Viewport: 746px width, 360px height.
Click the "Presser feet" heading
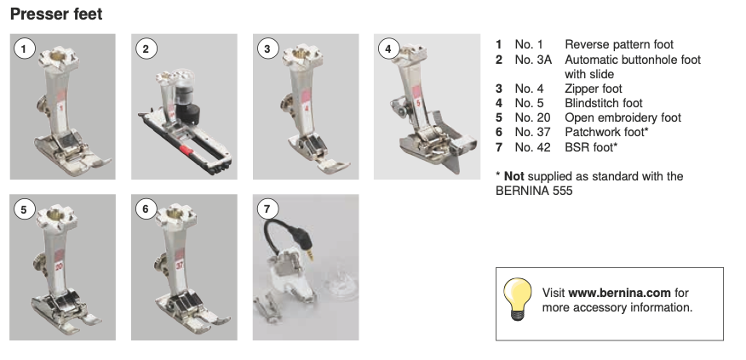pos(56,14)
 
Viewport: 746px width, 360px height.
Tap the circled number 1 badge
pos(24,49)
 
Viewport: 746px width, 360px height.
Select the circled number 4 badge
pos(388,49)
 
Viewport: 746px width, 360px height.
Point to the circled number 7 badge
pos(267,209)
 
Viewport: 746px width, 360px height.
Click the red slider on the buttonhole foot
pos(186,151)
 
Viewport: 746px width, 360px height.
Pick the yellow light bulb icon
pos(518,299)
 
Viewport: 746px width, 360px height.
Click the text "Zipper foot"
pos(594,89)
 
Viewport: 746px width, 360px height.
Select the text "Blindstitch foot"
pos(604,103)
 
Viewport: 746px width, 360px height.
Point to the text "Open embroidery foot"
pos(623,118)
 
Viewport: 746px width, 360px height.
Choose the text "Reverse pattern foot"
pos(619,45)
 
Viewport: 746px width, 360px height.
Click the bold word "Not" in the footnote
pos(514,176)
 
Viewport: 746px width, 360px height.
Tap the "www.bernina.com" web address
pos(619,293)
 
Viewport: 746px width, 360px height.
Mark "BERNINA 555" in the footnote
pos(534,191)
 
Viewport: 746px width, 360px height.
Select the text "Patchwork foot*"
pos(606,132)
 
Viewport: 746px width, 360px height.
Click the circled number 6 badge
pos(146,209)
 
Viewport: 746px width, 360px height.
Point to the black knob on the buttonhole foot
pos(187,111)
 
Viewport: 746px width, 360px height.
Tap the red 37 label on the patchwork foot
pos(180,265)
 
